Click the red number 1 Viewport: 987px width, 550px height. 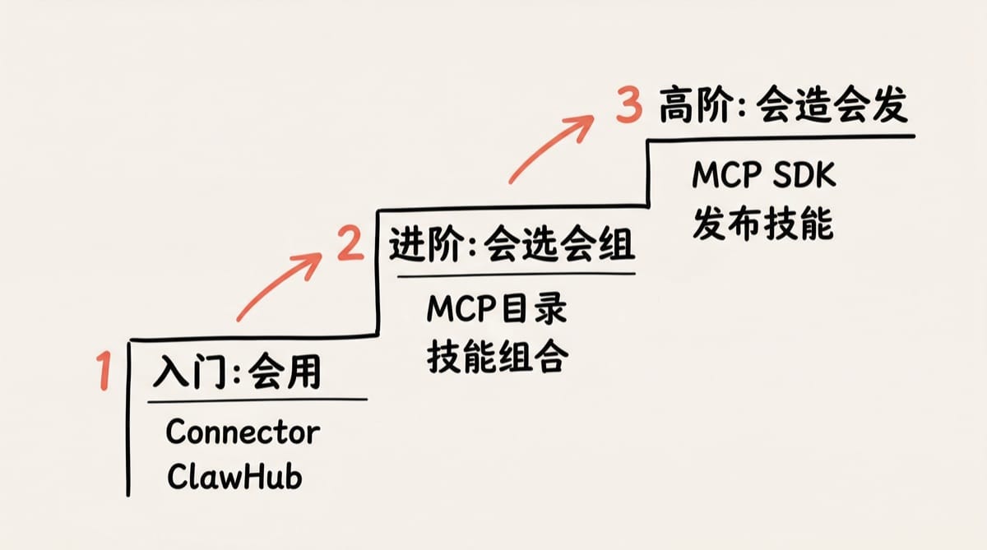[x=104, y=371]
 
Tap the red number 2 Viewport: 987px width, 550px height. [x=350, y=244]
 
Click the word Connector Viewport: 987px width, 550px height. [x=243, y=432]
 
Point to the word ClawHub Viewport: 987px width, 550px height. [x=234, y=477]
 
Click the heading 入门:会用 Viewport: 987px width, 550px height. [x=237, y=374]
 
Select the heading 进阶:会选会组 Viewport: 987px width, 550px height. [x=512, y=244]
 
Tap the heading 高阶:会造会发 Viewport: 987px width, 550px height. [x=783, y=107]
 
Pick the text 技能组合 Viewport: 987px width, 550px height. [x=497, y=356]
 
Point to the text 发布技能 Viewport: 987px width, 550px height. [x=762, y=222]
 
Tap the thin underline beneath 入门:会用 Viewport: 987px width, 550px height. [x=257, y=400]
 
